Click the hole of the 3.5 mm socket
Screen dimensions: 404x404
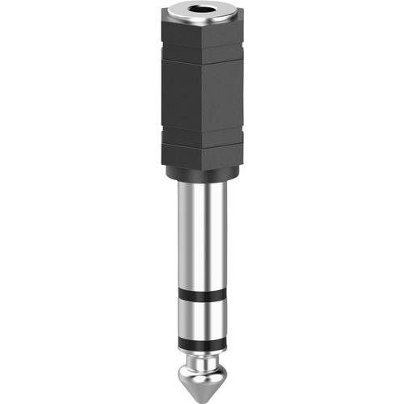click(201, 14)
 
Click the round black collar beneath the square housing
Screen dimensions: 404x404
click(201, 173)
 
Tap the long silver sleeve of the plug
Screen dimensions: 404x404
click(201, 242)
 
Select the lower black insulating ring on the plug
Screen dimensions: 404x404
click(201, 326)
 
